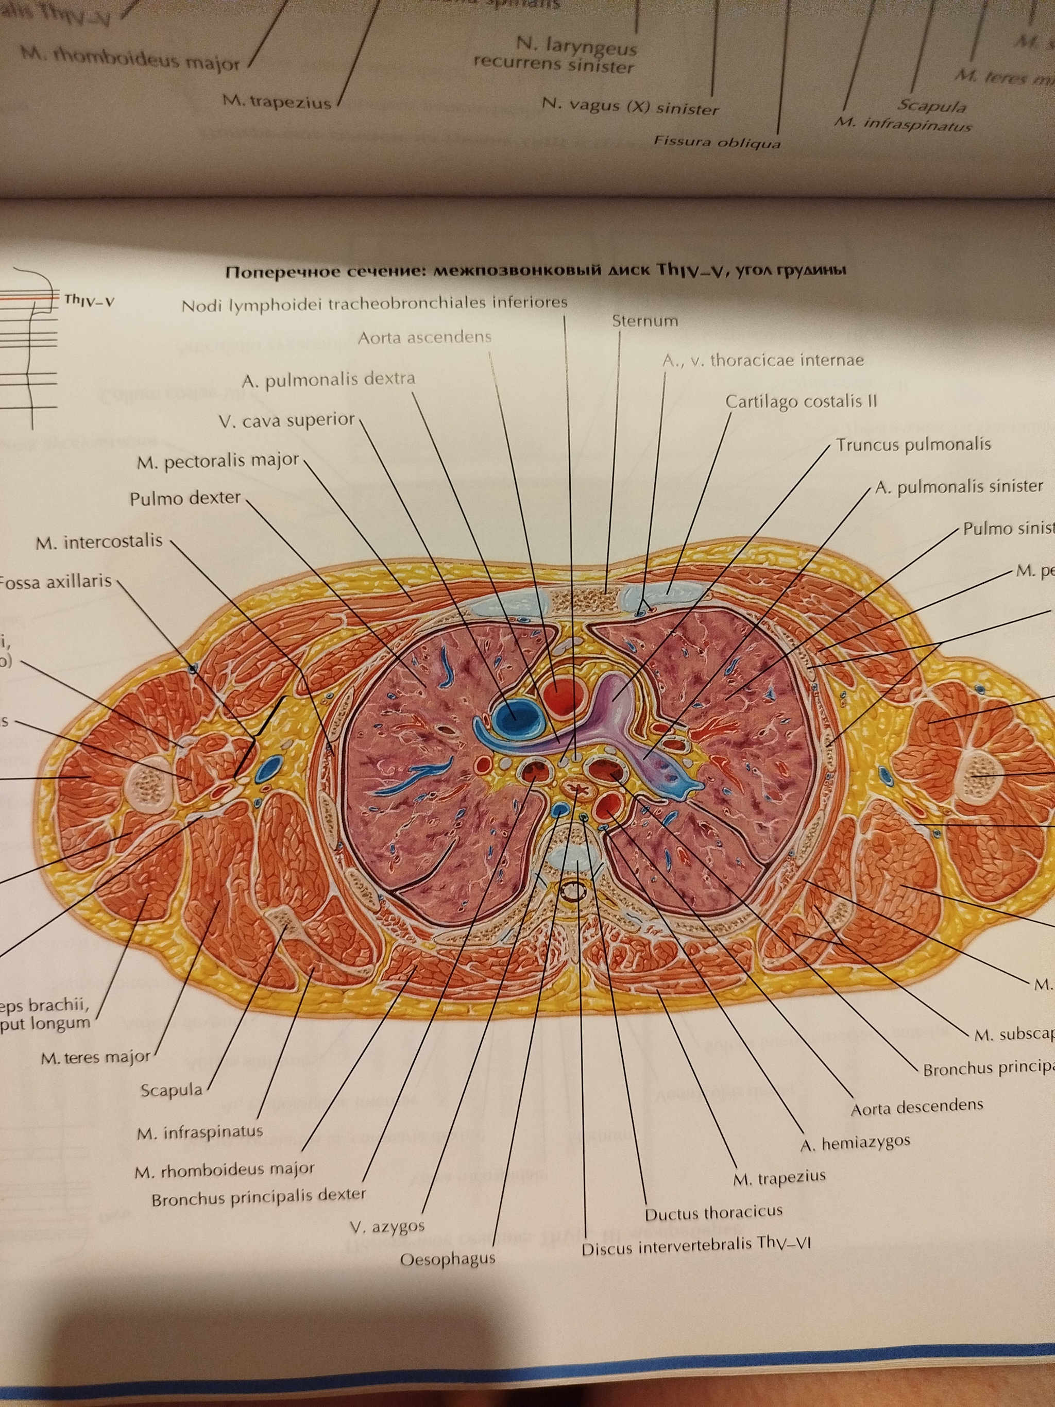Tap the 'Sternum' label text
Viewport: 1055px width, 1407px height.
tap(644, 320)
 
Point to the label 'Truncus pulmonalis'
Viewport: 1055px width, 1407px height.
tap(913, 444)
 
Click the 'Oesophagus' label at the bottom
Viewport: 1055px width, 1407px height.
tap(447, 1258)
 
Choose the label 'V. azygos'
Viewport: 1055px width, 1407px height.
tap(387, 1226)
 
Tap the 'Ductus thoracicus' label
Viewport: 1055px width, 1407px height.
tap(713, 1212)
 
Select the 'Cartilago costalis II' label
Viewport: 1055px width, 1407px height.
tap(801, 402)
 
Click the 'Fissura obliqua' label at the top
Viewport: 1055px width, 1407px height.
tap(717, 142)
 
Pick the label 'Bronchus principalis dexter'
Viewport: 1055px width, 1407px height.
tap(258, 1197)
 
